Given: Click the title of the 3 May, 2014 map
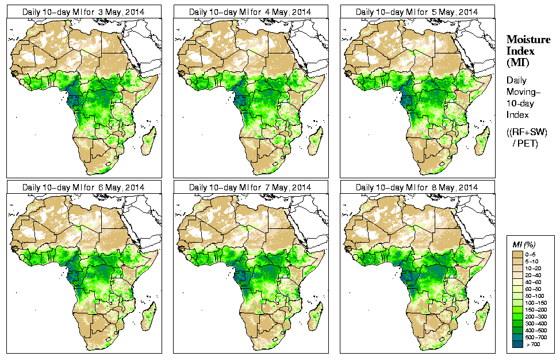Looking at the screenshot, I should click(x=83, y=12).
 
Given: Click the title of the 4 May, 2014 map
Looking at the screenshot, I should click(x=250, y=12).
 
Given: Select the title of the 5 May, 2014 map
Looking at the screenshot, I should click(x=417, y=12).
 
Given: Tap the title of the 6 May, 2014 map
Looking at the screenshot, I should click(x=83, y=187).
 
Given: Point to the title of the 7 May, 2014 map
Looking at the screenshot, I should click(x=250, y=187).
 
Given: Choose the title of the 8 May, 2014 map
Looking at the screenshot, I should click(x=417, y=187).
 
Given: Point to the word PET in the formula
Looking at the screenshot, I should click(x=529, y=143).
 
